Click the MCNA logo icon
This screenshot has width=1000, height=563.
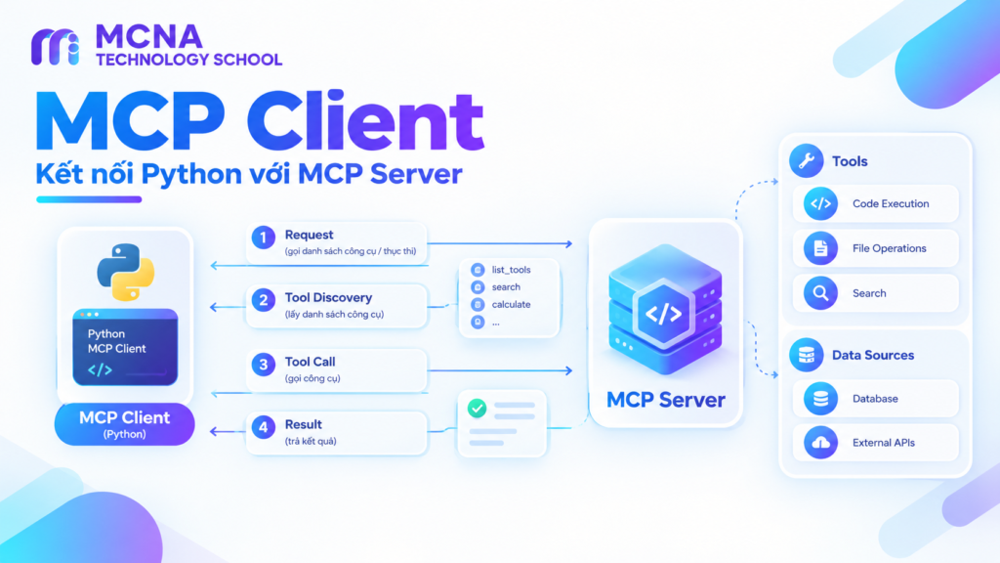[x=56, y=47]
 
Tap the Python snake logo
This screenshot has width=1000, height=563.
[x=126, y=272]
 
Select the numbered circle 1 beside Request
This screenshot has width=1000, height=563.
[x=264, y=238]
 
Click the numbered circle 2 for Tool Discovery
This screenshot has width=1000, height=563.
[x=264, y=300]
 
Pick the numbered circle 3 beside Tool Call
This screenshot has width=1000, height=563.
[x=264, y=365]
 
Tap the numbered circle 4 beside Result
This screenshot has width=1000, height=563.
[x=264, y=427]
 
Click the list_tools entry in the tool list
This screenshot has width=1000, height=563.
[x=511, y=270]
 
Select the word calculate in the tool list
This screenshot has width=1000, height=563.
[x=511, y=305]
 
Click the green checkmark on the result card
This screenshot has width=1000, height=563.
[x=477, y=408]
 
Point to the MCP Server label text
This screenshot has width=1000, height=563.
[x=666, y=400]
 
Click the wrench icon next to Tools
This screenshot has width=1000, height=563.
[x=806, y=161]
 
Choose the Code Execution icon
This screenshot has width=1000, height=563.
[x=820, y=203]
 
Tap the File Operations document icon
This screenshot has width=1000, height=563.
[x=820, y=248]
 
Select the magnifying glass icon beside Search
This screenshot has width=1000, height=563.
[x=820, y=293]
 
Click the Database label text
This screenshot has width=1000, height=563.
[x=875, y=399]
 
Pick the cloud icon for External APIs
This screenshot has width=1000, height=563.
[x=820, y=443]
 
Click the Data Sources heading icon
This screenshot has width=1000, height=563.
[x=806, y=355]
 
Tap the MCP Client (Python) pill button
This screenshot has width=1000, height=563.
[x=124, y=424]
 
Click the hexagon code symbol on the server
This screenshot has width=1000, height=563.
[x=663, y=314]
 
